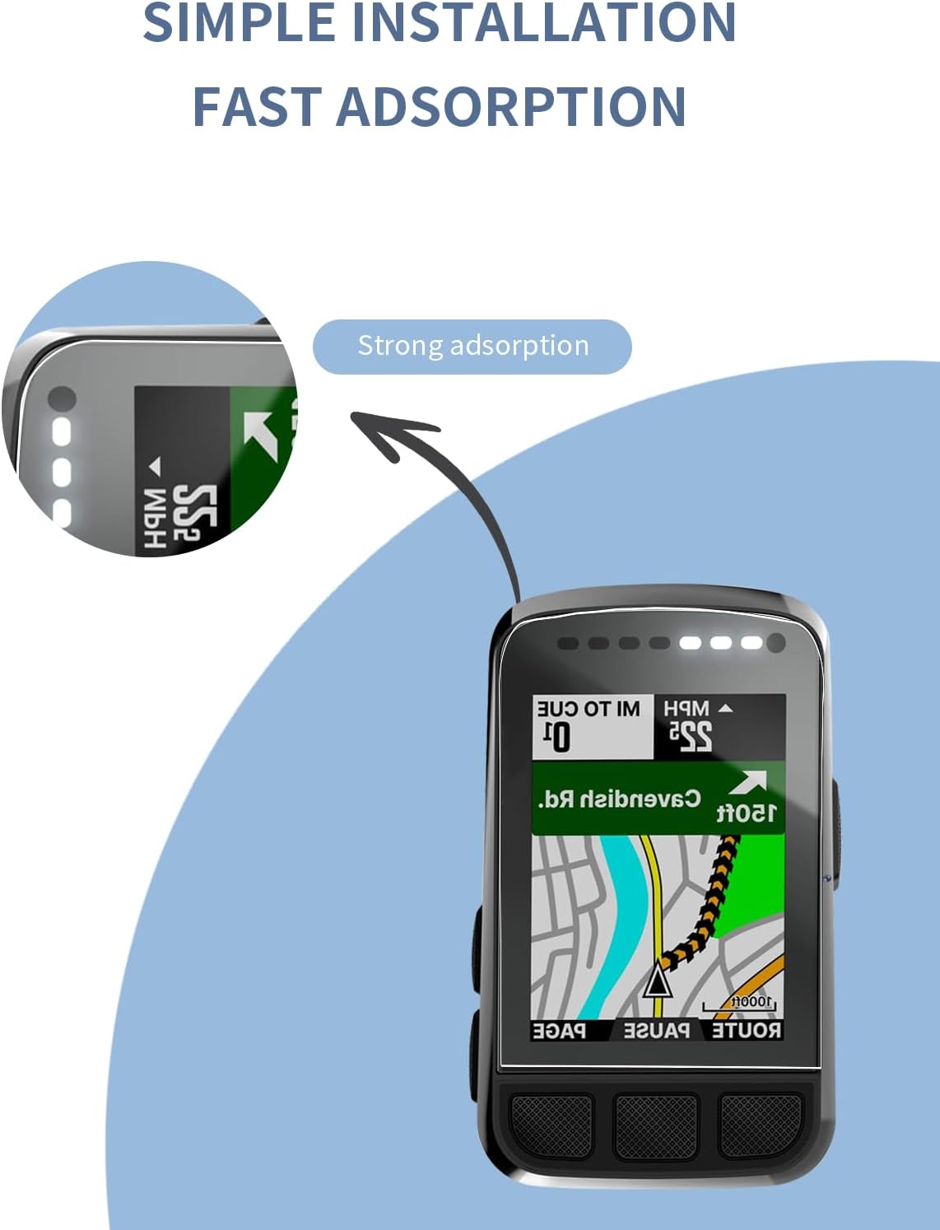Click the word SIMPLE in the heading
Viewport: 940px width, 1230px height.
click(x=239, y=23)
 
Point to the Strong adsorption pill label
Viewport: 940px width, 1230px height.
click(x=472, y=346)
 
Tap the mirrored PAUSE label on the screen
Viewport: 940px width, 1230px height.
click(x=657, y=1030)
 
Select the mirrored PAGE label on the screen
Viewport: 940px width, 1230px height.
click(x=560, y=1030)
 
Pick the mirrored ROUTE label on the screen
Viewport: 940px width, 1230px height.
click(x=747, y=1030)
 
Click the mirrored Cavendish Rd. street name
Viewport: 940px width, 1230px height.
click(x=619, y=799)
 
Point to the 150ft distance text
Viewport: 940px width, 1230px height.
click(x=746, y=813)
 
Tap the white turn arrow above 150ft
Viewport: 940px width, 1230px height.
click(x=749, y=782)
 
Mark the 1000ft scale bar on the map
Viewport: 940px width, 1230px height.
click(x=739, y=1004)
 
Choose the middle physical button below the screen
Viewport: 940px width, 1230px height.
click(x=656, y=1125)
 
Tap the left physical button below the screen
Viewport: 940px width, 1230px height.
click(x=551, y=1124)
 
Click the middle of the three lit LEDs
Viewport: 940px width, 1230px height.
click(x=721, y=643)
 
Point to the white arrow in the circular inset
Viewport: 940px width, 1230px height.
click(x=261, y=434)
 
